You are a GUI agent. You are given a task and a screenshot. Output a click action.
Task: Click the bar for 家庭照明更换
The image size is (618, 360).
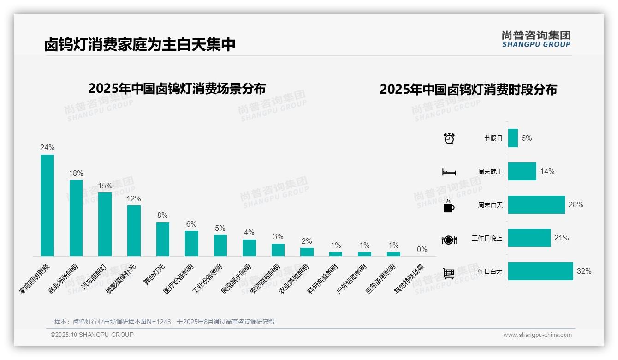coord(47,205)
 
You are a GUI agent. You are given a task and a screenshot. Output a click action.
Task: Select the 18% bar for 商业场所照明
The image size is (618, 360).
coord(76,218)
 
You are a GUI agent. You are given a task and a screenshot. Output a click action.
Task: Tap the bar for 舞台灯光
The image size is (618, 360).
coord(163,239)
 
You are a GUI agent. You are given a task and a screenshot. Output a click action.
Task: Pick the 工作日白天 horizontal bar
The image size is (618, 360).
coord(541,271)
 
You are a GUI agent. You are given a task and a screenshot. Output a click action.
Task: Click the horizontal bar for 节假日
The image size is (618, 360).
coord(513,138)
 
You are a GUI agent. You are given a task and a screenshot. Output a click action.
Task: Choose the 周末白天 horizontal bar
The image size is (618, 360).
coord(536,204)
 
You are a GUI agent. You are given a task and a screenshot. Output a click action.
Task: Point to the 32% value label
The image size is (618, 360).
coord(584,271)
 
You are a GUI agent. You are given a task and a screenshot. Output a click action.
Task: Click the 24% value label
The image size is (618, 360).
coord(47,148)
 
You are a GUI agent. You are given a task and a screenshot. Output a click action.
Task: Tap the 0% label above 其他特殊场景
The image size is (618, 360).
coord(422,250)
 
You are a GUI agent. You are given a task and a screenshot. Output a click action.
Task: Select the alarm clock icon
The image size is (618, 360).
coord(449,138)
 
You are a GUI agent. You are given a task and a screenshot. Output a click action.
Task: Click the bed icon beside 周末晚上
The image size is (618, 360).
coord(449,172)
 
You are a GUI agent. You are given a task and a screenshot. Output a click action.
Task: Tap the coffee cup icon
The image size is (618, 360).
coord(449,206)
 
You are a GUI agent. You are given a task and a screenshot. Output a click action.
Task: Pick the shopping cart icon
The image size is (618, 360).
coord(449,273)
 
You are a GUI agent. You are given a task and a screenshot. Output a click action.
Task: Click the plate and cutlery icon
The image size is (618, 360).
coord(449,240)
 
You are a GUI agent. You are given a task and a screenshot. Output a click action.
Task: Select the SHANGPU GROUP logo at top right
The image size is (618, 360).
coord(536,39)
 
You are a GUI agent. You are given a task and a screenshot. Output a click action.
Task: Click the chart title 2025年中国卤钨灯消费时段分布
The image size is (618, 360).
coord(468,90)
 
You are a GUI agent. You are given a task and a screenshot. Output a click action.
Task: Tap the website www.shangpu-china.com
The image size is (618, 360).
coord(537,335)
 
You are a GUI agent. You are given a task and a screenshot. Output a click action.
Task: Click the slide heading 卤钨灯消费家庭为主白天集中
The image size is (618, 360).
coord(140,44)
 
